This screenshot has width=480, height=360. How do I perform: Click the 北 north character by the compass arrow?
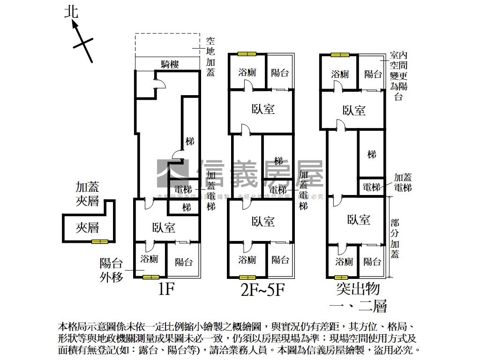[71, 12]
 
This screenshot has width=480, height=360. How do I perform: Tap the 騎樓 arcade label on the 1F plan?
[170, 64]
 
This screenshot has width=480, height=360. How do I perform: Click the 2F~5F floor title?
[262, 290]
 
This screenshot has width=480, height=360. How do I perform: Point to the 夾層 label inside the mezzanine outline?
[88, 228]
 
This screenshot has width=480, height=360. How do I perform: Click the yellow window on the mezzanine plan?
[99, 241]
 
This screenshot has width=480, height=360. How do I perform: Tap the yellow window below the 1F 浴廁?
[150, 277]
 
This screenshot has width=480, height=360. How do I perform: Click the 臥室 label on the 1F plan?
[164, 228]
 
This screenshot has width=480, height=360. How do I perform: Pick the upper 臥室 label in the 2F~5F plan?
[262, 109]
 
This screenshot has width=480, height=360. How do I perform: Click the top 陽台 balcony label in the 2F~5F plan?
[280, 73]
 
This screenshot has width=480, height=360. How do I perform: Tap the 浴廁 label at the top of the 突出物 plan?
[340, 74]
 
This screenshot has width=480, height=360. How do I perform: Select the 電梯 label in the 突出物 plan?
[372, 187]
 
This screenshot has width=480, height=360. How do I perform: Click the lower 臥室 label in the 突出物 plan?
[359, 219]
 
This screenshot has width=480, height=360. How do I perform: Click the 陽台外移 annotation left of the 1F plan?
[112, 270]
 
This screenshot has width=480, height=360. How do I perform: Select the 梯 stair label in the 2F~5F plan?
[278, 161]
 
